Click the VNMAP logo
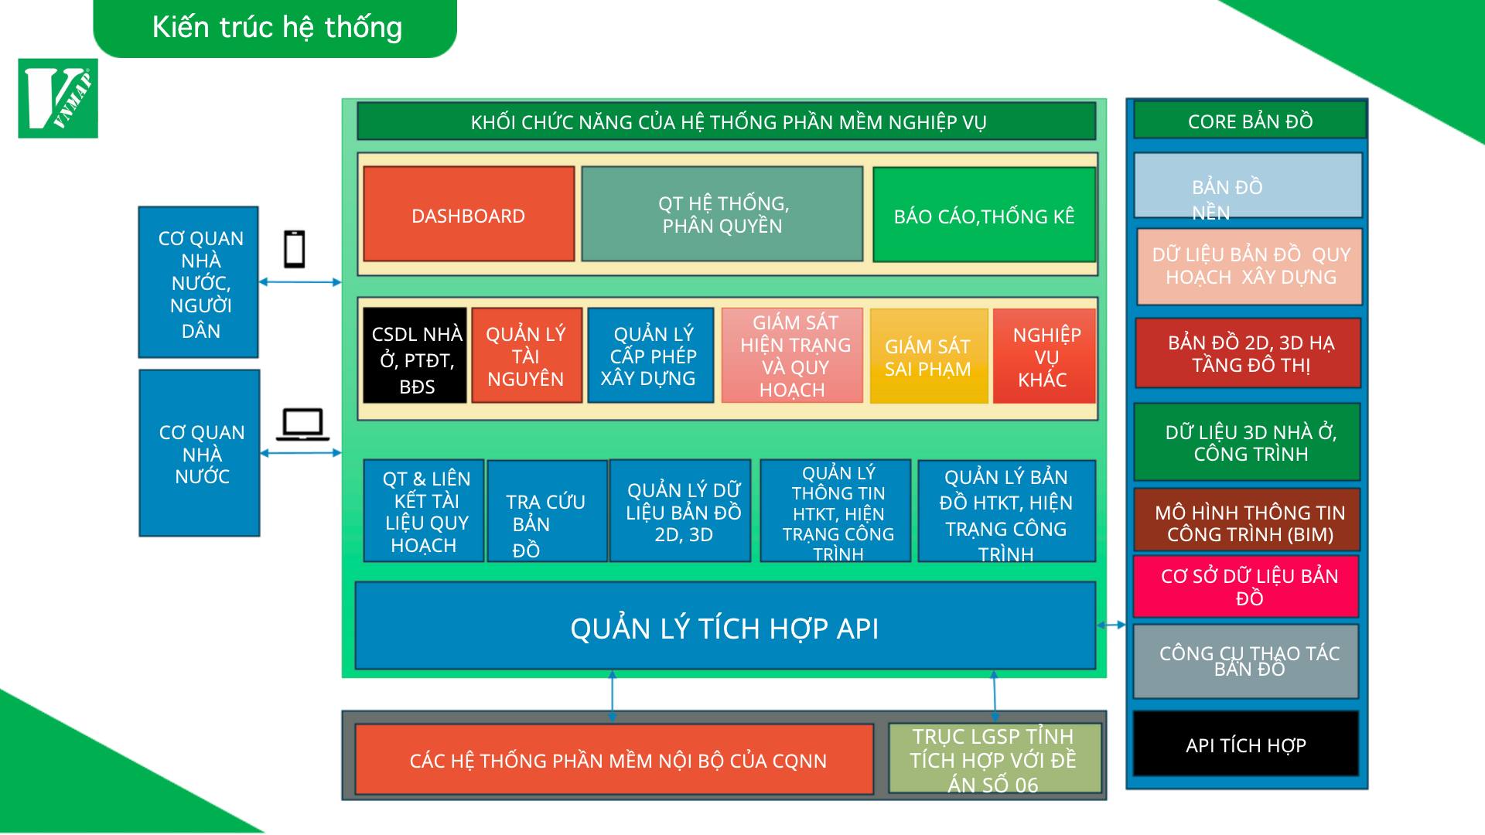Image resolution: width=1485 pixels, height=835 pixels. (58, 98)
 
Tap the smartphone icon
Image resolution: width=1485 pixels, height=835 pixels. (294, 249)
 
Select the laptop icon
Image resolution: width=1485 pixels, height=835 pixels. (302, 424)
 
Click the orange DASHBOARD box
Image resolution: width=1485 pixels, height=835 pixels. (469, 214)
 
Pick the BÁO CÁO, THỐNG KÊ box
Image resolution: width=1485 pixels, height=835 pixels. (984, 215)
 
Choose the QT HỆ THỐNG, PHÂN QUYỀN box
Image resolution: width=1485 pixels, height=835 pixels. (722, 214)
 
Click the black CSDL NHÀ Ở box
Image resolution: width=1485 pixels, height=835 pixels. (415, 356)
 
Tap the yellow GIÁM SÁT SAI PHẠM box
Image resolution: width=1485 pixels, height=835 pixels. (928, 356)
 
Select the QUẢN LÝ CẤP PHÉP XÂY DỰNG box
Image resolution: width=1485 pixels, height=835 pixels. (650, 356)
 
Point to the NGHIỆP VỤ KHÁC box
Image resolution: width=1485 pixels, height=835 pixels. (1044, 356)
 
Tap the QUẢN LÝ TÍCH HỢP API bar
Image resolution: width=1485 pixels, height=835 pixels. (725, 626)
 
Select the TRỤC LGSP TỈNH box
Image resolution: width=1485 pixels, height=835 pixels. (995, 758)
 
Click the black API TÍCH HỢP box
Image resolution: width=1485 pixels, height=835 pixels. (1245, 744)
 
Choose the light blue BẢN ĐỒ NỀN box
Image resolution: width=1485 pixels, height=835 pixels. (1248, 186)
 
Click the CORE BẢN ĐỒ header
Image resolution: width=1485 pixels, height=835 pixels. (1250, 121)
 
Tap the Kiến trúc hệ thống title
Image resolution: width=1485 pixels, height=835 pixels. (276, 28)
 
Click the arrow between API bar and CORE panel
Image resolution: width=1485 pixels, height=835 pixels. (1111, 625)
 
